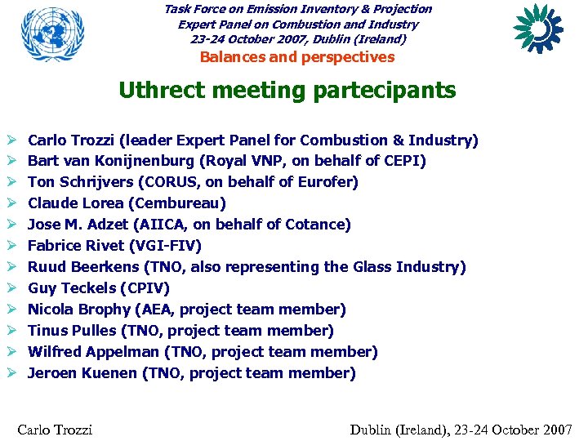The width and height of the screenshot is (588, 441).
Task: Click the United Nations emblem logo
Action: tap(52, 37)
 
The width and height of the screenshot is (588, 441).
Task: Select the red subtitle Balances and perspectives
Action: tap(297, 57)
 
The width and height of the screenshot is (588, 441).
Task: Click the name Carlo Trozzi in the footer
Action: tap(55, 430)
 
